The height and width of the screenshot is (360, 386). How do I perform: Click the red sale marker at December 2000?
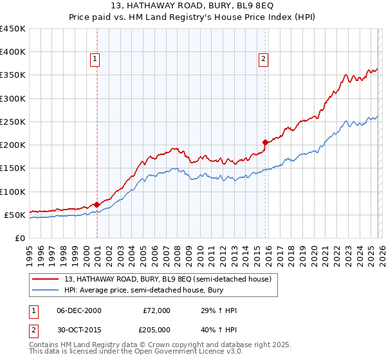pos(97,204)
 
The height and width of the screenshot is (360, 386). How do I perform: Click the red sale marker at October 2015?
pos(265,142)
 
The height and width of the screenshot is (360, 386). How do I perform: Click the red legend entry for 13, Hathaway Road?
pos(167,279)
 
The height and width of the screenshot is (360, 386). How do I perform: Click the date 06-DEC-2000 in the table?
pos(79,310)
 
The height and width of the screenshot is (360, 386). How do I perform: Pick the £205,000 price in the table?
pos(156,329)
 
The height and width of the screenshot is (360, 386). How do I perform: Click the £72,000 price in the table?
pos(156,310)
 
